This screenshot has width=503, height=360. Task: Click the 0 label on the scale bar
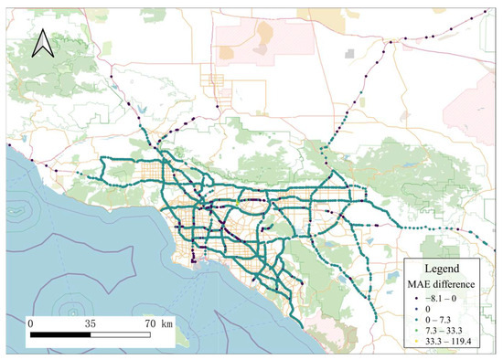coord(30,323)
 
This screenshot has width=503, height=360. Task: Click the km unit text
coord(167,323)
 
